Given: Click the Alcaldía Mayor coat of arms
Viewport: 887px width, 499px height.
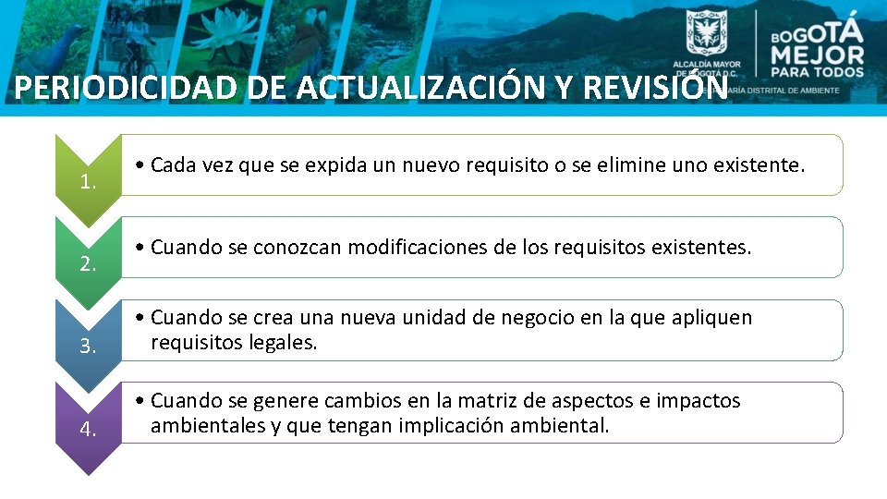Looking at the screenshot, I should (706, 35).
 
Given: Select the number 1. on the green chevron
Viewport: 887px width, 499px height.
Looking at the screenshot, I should (89, 182).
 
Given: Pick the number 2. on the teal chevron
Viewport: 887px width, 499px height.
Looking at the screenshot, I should (89, 264).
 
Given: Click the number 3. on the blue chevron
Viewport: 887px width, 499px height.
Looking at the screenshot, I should (89, 347).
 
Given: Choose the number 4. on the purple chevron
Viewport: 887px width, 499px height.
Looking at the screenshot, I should (89, 429).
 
